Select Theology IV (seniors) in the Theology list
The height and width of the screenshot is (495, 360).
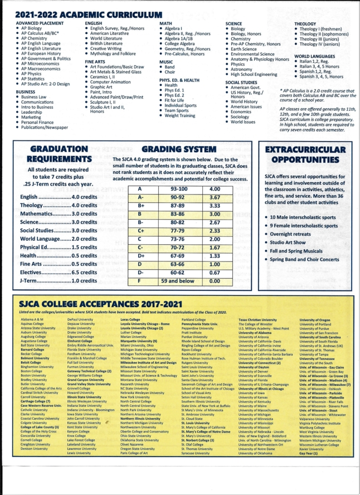coord(322,45)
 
